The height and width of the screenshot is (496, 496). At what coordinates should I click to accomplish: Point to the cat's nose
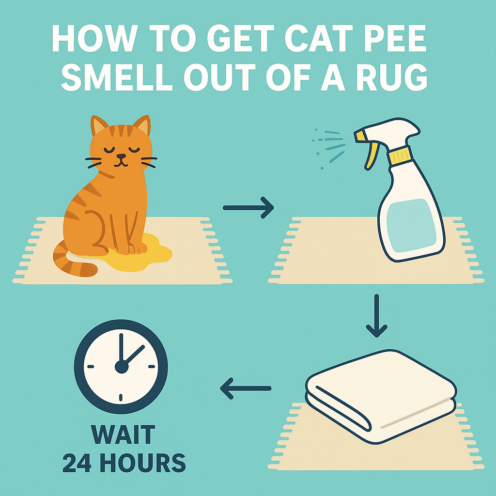tap(121, 156)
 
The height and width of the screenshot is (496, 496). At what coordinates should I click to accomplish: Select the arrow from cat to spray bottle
tap(248, 208)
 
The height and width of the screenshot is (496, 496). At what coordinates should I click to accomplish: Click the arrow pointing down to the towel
tap(376, 318)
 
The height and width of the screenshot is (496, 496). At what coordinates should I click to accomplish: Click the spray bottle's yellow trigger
tap(369, 153)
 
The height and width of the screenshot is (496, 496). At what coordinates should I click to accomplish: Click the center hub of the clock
tap(121, 367)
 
